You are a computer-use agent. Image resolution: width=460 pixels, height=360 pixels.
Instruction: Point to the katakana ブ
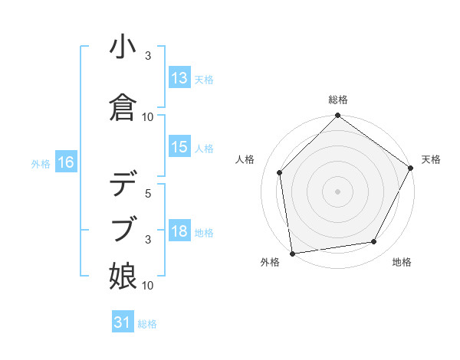coord(123,229)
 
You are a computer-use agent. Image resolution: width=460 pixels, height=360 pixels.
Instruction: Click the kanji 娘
coord(123,273)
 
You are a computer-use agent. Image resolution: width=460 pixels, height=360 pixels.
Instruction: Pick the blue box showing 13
coord(179,78)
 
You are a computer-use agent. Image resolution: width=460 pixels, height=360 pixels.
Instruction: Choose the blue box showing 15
coord(179,148)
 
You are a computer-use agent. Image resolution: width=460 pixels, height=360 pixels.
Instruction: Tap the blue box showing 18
coord(179,231)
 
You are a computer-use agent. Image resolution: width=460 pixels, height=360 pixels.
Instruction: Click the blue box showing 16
coord(65,162)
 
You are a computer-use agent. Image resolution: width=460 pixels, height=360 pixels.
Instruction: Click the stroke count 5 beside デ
coord(148,195)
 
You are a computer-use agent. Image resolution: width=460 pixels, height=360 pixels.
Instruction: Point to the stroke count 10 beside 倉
coord(148,117)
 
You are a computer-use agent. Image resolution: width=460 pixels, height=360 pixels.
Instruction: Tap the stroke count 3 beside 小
coord(148,57)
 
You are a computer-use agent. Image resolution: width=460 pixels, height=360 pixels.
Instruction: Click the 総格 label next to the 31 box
coord(147,324)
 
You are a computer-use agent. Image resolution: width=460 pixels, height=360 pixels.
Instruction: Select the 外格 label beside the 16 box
coord(41,163)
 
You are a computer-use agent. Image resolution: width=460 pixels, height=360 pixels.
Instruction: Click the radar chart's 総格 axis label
coord(338,100)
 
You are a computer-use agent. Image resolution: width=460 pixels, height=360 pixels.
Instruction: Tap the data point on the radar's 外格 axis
coord(292,253)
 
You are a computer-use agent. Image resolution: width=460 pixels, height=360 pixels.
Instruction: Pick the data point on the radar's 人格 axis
coord(280,172)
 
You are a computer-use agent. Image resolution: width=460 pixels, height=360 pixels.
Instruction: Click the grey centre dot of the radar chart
coord(338,191)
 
